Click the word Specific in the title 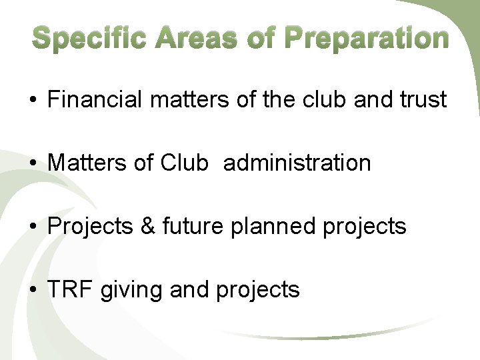point(89,39)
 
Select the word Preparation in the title point(367,39)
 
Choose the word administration point(297,163)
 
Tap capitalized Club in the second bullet point(185,163)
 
